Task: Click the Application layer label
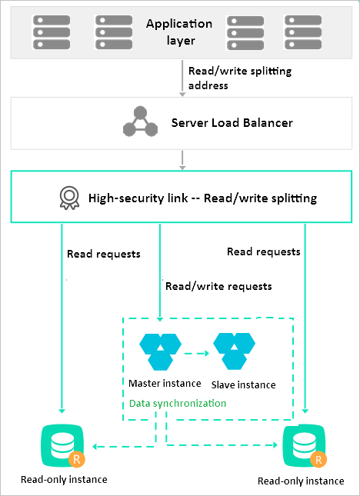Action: tap(179, 32)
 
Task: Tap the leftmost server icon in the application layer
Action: tap(52, 32)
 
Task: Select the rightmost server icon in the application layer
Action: tap(303, 32)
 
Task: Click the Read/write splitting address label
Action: tap(240, 78)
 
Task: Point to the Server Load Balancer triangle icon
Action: tap(140, 122)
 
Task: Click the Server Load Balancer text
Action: tap(232, 123)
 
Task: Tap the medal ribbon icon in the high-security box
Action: tap(69, 198)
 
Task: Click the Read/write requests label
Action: tap(218, 286)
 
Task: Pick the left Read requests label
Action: tap(104, 254)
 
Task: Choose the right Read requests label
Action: tap(264, 251)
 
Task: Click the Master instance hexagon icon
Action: tap(161, 351)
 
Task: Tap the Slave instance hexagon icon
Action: tap(234, 351)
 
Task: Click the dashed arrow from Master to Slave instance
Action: tap(197, 353)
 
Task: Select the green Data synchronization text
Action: tap(178, 403)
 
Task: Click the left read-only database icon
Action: tap(62, 446)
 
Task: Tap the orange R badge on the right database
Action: tap(318, 460)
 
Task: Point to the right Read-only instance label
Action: tap(301, 481)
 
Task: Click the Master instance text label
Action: tap(165, 384)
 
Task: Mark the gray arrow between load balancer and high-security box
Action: tap(182, 161)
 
